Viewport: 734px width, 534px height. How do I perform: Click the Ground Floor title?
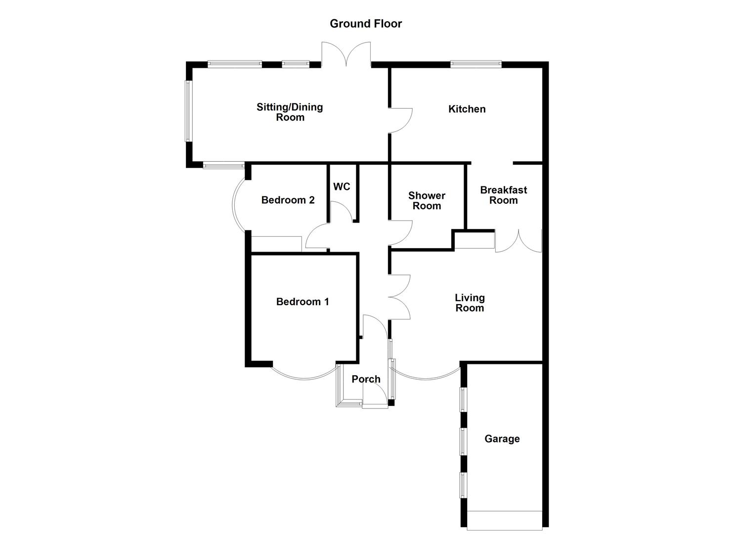pos(366,24)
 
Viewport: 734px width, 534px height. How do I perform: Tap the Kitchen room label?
pos(467,109)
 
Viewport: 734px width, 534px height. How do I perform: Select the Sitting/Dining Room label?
pos(290,112)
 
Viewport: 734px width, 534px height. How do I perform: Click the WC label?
pos(342,186)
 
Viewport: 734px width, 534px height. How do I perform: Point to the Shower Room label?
pos(427,201)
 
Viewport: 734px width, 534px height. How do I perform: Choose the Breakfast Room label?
pos(503,195)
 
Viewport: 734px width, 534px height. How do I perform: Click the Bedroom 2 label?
pos(288,200)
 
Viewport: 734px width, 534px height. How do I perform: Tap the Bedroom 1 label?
pos(302,302)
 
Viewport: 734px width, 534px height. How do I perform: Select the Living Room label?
pos(470,303)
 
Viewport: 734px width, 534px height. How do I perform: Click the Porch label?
pos(366,379)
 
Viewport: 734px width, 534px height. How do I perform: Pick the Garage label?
pos(502,439)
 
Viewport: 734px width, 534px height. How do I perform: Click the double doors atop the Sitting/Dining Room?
pos(346,54)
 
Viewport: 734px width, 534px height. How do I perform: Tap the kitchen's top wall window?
pos(475,64)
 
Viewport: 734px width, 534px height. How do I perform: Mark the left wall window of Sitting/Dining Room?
pos(188,111)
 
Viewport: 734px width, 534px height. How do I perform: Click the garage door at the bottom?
pos(504,520)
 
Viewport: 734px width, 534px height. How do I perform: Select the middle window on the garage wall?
pos(463,441)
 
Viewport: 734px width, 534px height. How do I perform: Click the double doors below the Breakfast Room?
pos(518,241)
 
